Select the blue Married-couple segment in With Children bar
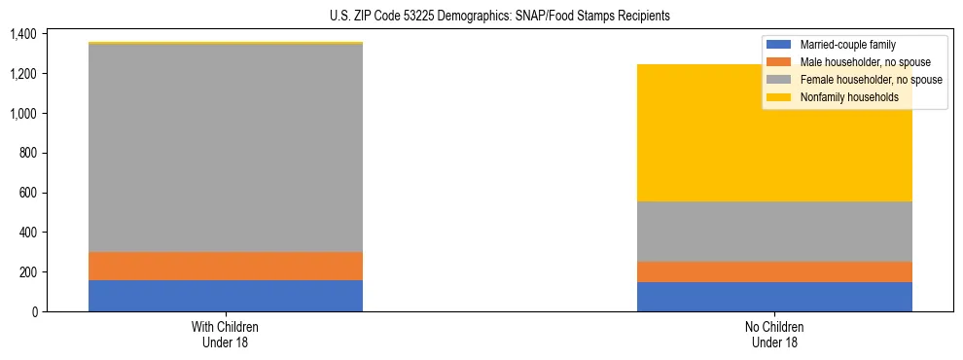pyautogui.click(x=226, y=296)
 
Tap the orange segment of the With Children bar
pyautogui.click(x=226, y=266)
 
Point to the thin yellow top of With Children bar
pyautogui.click(x=226, y=43)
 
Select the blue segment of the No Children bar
pyautogui.click(x=774, y=297)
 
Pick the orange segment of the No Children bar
pyautogui.click(x=774, y=271)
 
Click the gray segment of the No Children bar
pyautogui.click(x=774, y=232)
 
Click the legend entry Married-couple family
pyautogui.click(x=847, y=45)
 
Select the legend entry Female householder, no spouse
pyautogui.click(x=870, y=80)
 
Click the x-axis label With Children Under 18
pyautogui.click(x=226, y=334)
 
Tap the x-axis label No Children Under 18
pyautogui.click(x=774, y=334)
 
